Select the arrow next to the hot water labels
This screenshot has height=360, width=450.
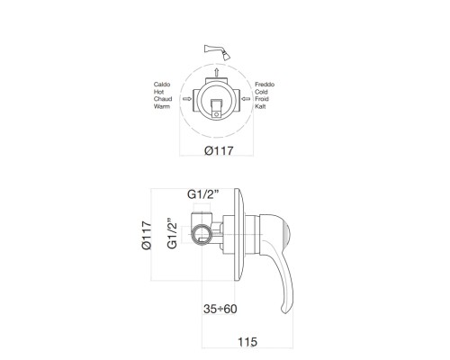(x=185, y=99)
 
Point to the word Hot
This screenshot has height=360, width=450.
(x=163, y=91)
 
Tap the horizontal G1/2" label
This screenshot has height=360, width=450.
(x=209, y=193)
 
